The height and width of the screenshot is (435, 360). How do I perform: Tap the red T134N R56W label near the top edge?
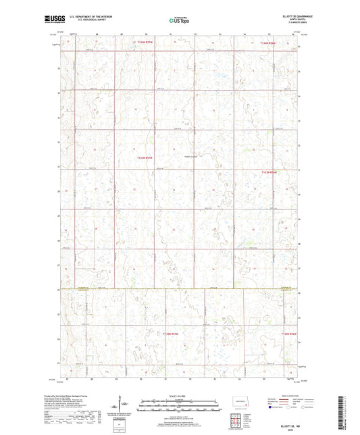tap(269, 42)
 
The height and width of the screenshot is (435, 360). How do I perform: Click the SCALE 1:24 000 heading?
tap(180, 396)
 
